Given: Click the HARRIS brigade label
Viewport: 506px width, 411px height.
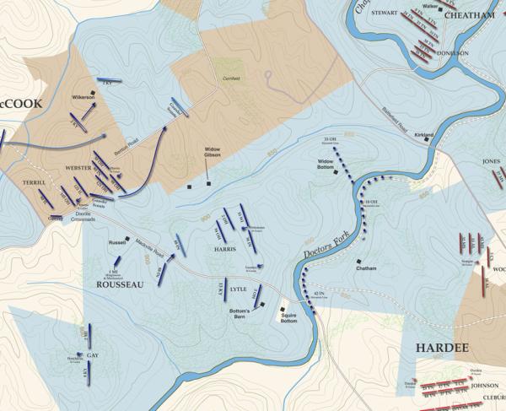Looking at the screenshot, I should [225, 251].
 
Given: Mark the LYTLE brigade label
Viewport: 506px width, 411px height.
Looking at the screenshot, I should [238, 289].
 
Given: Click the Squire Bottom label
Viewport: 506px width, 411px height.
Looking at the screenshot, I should [289, 319].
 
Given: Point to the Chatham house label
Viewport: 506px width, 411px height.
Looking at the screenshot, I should [366, 269].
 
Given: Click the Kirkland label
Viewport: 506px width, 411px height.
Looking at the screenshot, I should [424, 134].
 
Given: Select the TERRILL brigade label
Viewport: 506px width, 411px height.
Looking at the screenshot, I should [33, 181].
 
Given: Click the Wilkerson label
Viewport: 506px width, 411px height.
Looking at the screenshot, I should [83, 97].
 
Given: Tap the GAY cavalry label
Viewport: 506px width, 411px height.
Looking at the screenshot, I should [93, 356].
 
